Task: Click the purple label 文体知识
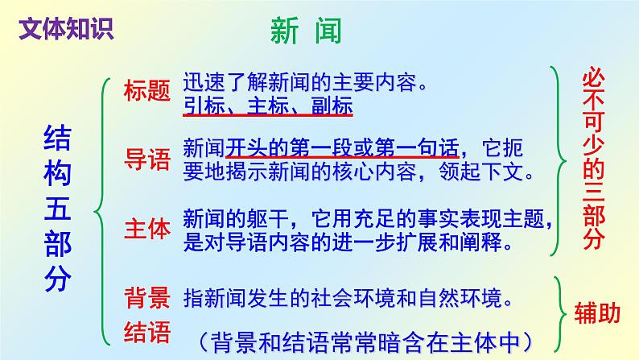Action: (x=65, y=27)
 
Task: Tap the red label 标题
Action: (x=146, y=91)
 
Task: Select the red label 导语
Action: (x=146, y=158)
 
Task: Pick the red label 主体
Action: (x=146, y=230)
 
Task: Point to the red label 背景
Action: (x=146, y=299)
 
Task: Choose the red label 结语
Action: (x=146, y=330)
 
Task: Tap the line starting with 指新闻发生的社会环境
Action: (x=348, y=299)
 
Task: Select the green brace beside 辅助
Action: (x=561, y=307)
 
